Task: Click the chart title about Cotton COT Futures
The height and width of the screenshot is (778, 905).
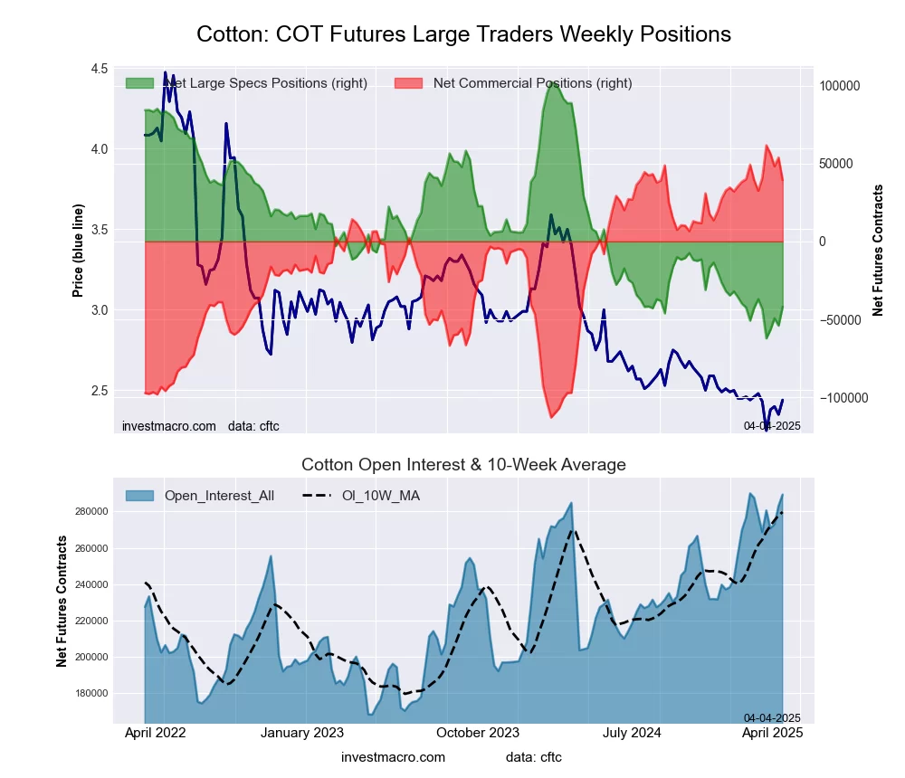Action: click(x=463, y=34)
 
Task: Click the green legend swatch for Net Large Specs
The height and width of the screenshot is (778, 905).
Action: click(x=139, y=83)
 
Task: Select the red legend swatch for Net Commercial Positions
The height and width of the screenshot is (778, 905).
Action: click(x=409, y=83)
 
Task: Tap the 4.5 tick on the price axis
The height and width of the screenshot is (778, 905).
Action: click(x=99, y=70)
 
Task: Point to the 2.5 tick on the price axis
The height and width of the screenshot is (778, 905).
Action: click(x=99, y=391)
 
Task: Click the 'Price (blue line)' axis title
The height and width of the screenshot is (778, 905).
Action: click(x=79, y=251)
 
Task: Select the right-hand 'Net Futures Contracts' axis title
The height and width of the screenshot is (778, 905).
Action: click(x=878, y=251)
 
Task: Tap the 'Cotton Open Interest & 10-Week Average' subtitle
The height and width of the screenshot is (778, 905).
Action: click(x=463, y=465)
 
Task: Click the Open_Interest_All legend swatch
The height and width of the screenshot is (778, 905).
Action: click(x=139, y=496)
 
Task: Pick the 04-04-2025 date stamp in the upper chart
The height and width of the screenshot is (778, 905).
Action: click(x=772, y=425)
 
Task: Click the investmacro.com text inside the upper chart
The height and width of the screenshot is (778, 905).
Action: click(x=169, y=425)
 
